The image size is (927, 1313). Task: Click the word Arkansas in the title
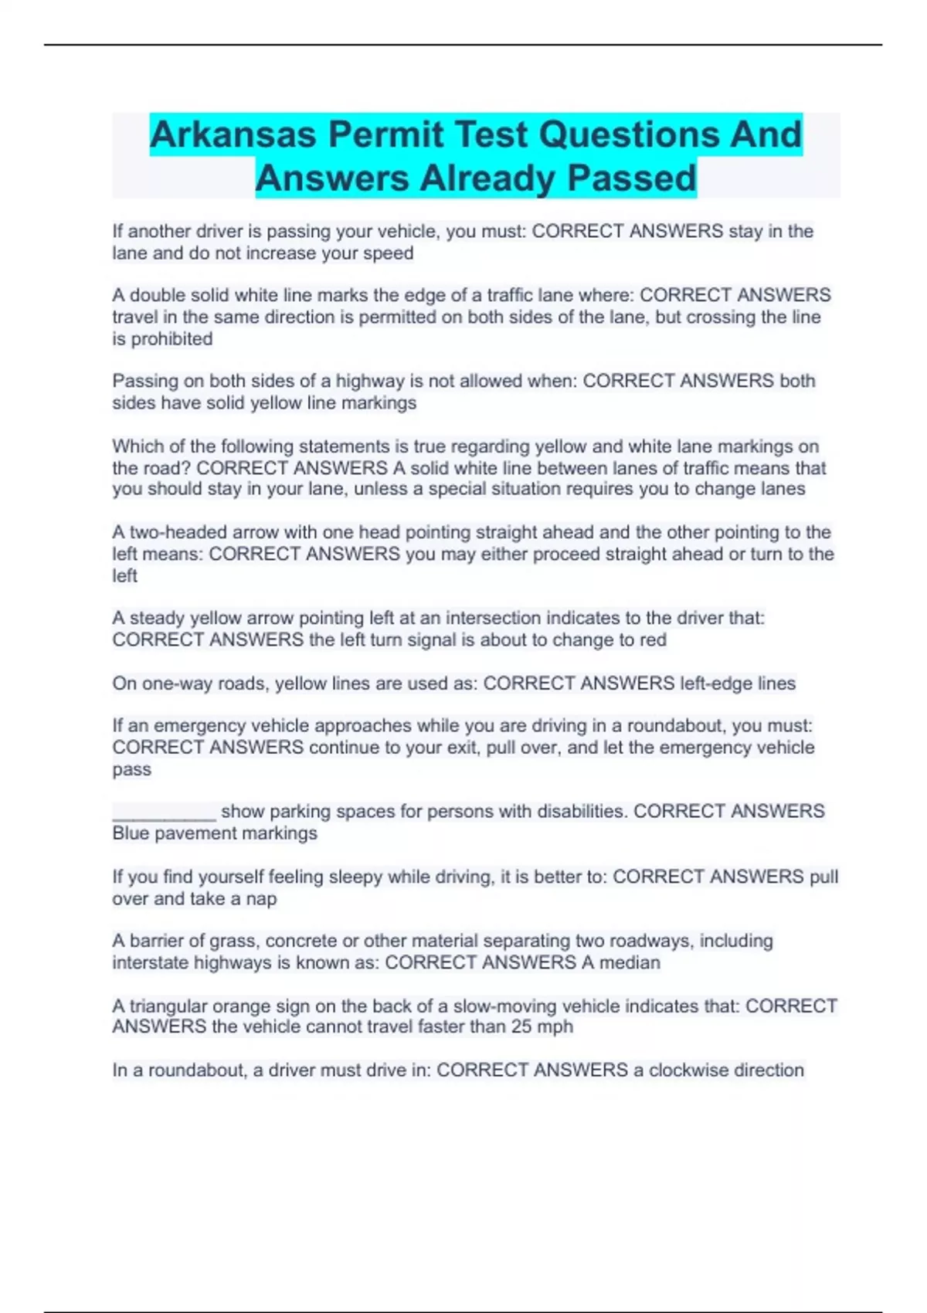233,134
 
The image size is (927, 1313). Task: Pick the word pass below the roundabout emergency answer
131,769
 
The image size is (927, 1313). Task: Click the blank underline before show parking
164,812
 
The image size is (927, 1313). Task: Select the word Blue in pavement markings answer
130,833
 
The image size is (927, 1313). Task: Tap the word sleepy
355,877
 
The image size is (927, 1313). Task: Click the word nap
261,899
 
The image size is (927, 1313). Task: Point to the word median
630,962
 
